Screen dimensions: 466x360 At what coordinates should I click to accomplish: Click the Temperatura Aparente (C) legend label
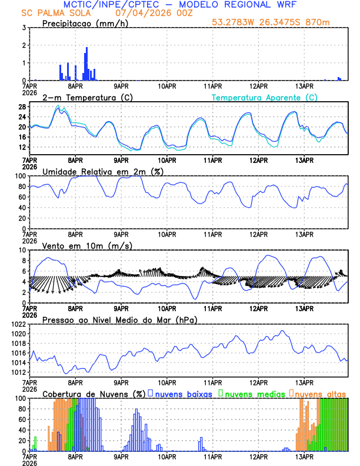[x=264, y=97]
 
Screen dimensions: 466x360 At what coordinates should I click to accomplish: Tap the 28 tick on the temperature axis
[x=21, y=106]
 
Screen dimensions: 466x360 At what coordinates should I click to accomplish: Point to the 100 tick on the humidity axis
[x=19, y=176]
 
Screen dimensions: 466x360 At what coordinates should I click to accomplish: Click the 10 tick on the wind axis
[x=21, y=250]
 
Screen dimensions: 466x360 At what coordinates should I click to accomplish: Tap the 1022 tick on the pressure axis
[x=18, y=324]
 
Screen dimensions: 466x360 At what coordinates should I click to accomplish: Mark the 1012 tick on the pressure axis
[x=18, y=372]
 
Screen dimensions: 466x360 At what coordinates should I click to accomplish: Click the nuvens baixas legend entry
[x=184, y=394]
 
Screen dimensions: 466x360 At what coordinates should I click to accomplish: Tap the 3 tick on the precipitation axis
[x=23, y=28]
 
